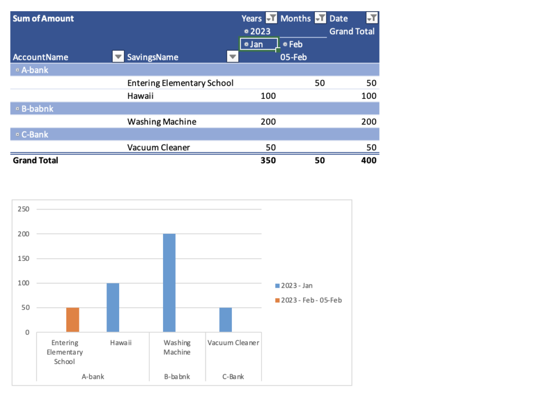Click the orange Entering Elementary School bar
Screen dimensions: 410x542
73,320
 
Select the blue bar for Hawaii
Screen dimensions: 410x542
113,307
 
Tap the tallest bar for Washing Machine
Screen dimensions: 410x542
169,283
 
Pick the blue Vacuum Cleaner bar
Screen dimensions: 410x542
225,320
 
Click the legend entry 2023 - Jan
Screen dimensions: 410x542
297,286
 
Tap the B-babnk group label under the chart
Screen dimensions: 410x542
177,377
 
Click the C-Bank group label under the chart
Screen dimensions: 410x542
233,377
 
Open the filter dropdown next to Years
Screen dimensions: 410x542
271,19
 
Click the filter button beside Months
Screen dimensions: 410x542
320,19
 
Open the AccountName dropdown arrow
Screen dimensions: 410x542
119,57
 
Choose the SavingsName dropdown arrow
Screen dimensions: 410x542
232,57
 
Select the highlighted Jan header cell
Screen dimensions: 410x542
258,44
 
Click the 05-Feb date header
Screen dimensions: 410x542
293,57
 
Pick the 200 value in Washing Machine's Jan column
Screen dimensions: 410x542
268,122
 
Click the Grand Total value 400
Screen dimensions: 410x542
369,160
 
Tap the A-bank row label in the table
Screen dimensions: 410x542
34,70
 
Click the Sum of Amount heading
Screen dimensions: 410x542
43,19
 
